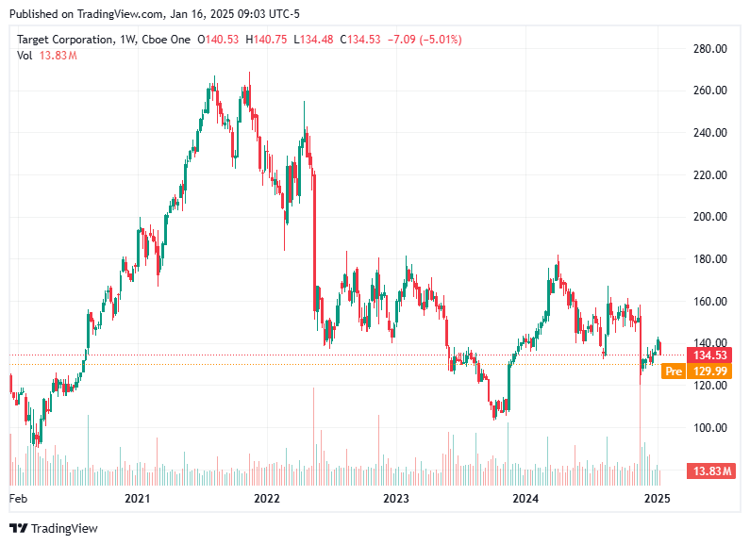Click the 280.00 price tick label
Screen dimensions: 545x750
pos(708,48)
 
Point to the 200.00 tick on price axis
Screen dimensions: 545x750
pos(708,217)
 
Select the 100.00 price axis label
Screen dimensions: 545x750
pos(708,428)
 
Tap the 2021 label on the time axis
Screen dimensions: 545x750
pos(138,498)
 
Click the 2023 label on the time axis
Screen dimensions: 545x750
pos(396,498)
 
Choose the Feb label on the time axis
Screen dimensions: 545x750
pos(18,498)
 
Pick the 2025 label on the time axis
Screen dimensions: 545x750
pos(657,498)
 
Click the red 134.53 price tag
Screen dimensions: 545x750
pos(709,355)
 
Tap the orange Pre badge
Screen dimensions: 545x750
pos(674,372)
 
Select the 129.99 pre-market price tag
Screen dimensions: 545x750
pos(710,372)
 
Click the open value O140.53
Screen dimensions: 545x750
pos(218,40)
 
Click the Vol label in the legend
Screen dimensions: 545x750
pos(25,56)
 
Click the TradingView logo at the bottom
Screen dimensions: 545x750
pos(54,528)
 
